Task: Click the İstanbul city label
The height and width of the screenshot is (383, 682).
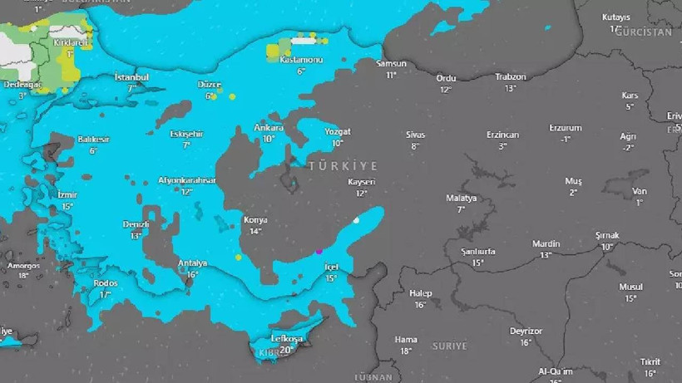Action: pyautogui.click(x=131, y=77)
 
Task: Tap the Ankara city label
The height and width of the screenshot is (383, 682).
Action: pyautogui.click(x=269, y=129)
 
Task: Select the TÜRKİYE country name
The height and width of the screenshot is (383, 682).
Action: pyautogui.click(x=343, y=166)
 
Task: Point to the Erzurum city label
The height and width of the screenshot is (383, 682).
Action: pyautogui.click(x=566, y=129)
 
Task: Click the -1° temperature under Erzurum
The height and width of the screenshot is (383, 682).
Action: pyautogui.click(x=566, y=140)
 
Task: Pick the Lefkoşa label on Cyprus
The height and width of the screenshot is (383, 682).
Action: pyautogui.click(x=287, y=338)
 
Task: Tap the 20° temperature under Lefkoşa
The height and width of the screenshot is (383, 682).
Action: pyautogui.click(x=287, y=350)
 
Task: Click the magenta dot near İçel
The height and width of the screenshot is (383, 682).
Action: pyautogui.click(x=318, y=250)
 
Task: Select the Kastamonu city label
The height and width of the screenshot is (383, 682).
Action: pyautogui.click(x=300, y=61)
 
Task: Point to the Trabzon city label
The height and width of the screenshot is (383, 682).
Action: pyautogui.click(x=511, y=77)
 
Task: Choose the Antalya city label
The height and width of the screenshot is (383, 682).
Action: pyautogui.click(x=192, y=263)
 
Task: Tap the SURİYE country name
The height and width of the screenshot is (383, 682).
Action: pyautogui.click(x=449, y=346)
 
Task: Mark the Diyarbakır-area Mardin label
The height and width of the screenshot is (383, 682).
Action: pyautogui.click(x=546, y=244)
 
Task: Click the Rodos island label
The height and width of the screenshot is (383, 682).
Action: pyautogui.click(x=106, y=283)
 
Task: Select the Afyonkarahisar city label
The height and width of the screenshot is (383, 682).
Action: pyautogui.click(x=187, y=180)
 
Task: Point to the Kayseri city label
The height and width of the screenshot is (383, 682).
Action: pyautogui.click(x=362, y=182)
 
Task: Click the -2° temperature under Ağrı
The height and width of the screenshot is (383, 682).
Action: pyautogui.click(x=628, y=148)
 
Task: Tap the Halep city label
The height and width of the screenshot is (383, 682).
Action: pyautogui.click(x=421, y=293)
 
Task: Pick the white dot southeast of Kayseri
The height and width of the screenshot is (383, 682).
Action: pyautogui.click(x=356, y=220)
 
